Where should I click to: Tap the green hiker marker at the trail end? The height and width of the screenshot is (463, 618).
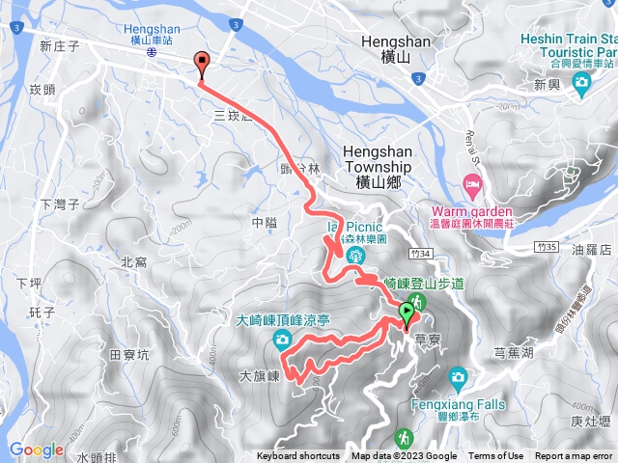(x=407, y=313)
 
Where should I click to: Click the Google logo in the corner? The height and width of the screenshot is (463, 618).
(x=36, y=449)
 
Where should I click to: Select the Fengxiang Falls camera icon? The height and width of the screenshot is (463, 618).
(x=459, y=375)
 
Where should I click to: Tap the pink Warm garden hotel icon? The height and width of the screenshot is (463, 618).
(x=472, y=183)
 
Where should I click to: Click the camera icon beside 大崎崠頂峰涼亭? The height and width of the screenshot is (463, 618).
(x=281, y=338)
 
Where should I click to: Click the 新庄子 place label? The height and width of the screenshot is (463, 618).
(x=59, y=45)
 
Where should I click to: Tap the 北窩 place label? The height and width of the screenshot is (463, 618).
(x=133, y=261)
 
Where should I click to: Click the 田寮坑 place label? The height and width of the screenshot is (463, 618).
(x=129, y=355)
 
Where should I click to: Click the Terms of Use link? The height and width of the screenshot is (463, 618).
(x=495, y=456)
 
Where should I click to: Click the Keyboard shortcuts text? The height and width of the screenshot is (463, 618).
(x=298, y=456)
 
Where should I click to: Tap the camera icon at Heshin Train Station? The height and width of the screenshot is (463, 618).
(x=581, y=84)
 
